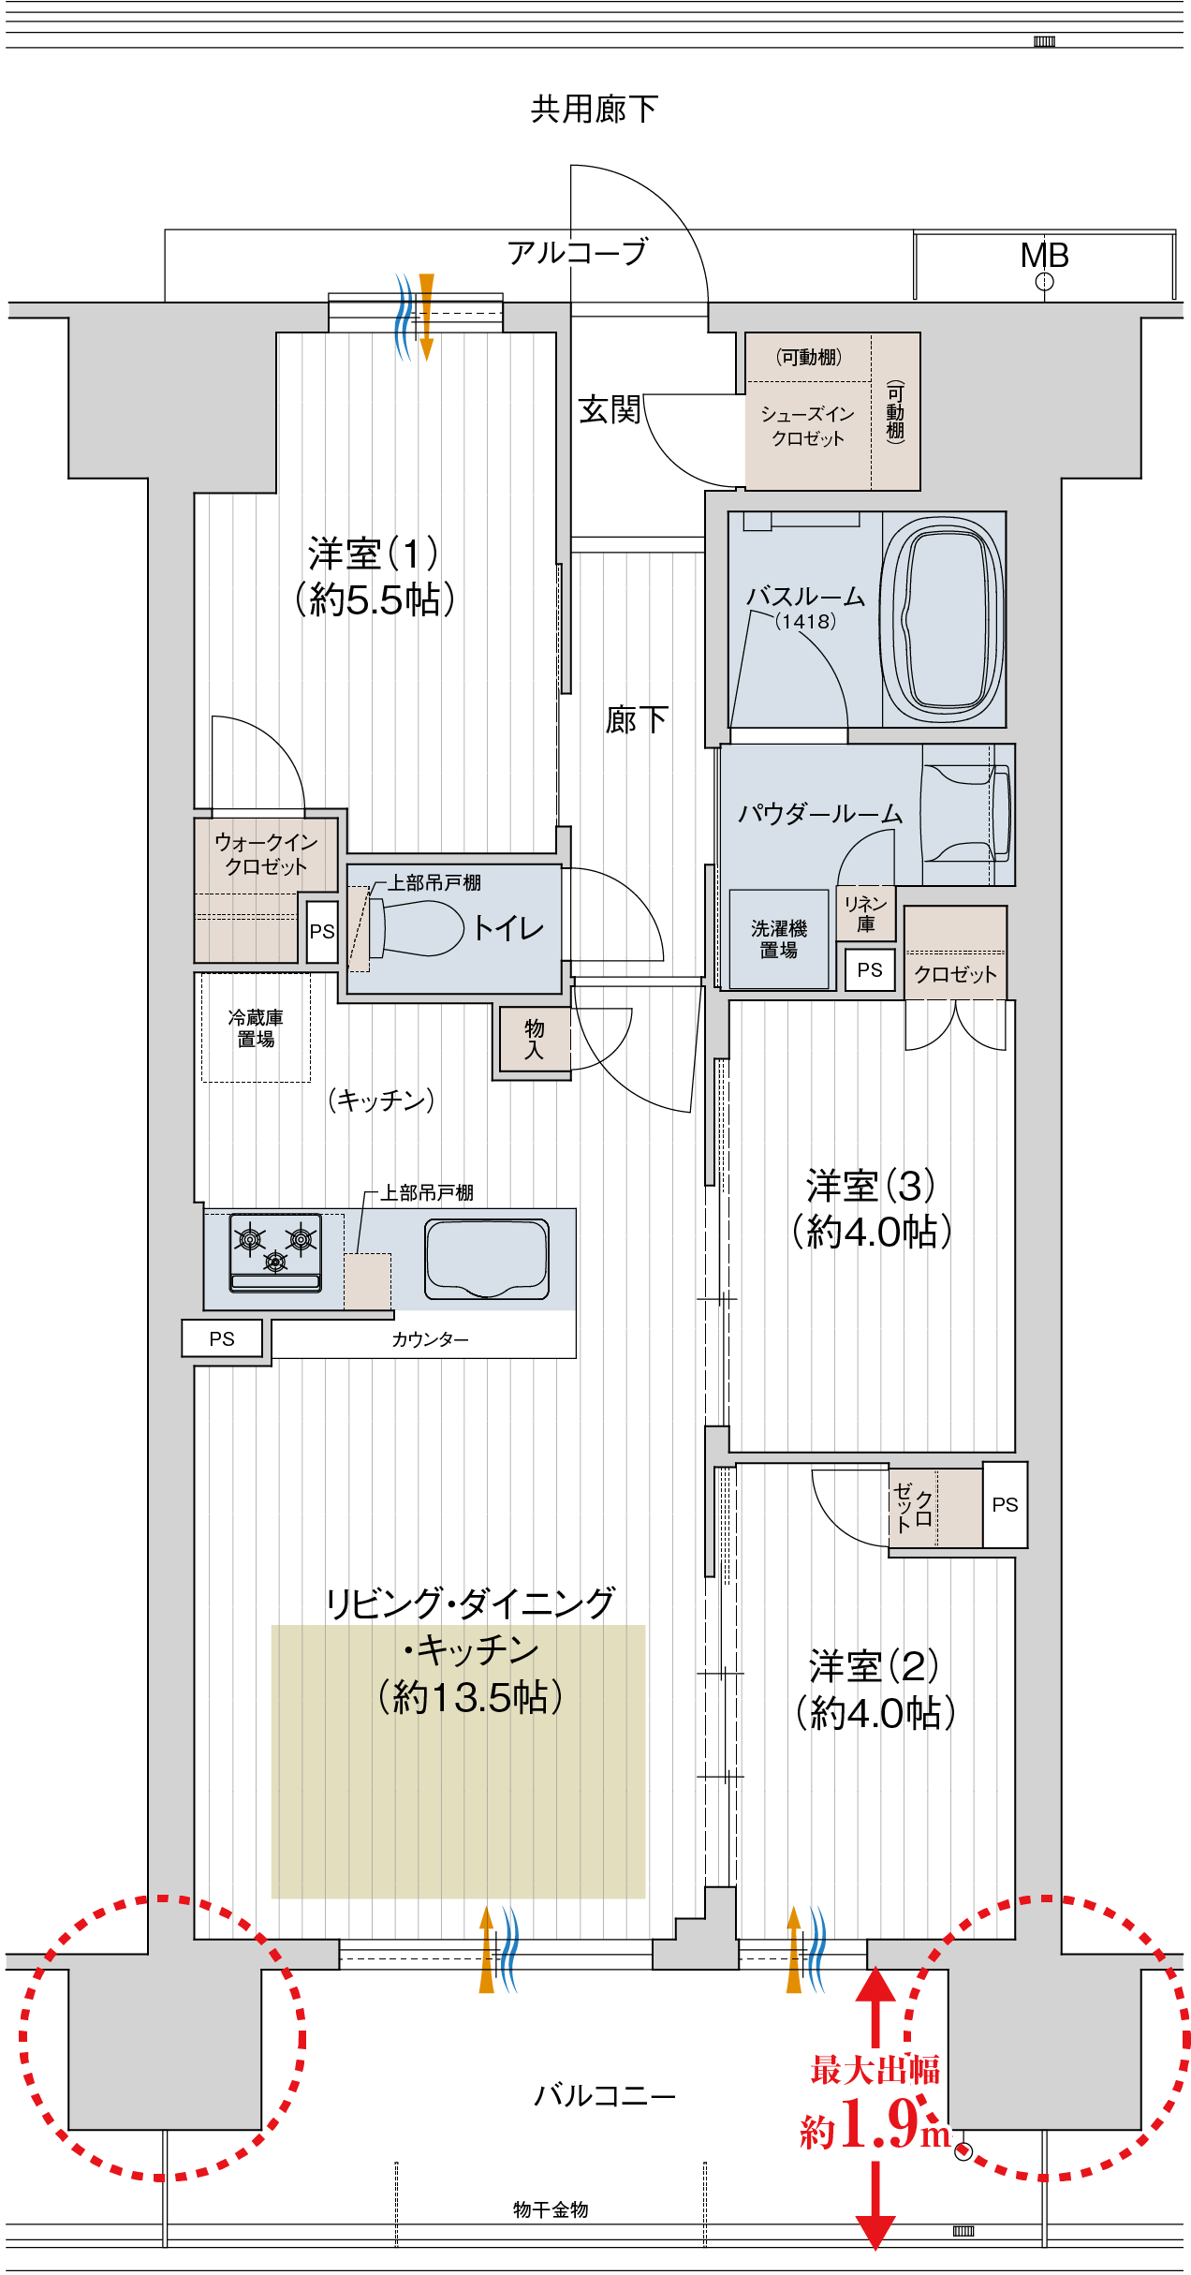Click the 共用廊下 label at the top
(595, 110)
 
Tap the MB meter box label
(1044, 255)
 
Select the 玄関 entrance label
(609, 409)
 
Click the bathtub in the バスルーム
(943, 619)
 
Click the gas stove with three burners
(275, 1251)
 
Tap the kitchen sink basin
(487, 1258)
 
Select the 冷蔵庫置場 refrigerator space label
(256, 1027)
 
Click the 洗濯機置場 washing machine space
(779, 938)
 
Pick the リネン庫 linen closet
(865, 913)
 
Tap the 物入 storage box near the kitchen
(534, 1039)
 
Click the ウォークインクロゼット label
(266, 853)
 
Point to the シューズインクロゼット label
(807, 425)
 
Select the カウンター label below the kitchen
(430, 1339)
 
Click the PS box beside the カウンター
(222, 1338)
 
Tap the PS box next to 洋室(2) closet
(1005, 1504)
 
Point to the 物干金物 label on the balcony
(551, 2209)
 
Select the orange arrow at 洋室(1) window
(426, 316)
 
